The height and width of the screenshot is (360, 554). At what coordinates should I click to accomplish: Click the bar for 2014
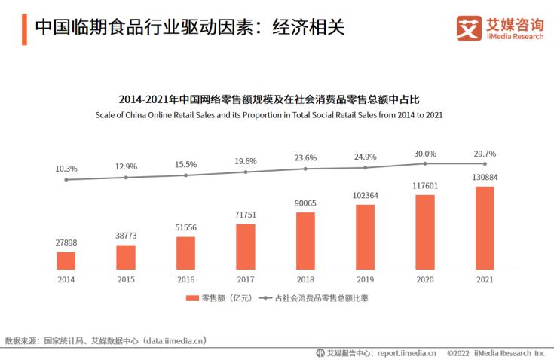[x=66, y=261]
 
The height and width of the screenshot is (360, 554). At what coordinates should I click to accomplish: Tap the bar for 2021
[x=485, y=228]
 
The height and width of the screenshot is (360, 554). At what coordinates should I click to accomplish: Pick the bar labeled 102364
[x=366, y=237]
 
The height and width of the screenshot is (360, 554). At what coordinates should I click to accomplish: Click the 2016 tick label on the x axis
[x=185, y=279]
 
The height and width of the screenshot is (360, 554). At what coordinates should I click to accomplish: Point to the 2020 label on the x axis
[x=425, y=279]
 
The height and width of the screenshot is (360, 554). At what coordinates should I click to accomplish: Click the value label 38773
[x=126, y=236]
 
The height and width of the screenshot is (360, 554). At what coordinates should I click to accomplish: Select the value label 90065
[x=305, y=203]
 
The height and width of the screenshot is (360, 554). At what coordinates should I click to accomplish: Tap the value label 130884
[x=485, y=177]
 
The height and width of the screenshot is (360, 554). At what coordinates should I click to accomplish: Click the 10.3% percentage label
[x=66, y=169]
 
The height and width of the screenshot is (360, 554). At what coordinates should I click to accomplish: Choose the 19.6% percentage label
[x=246, y=161]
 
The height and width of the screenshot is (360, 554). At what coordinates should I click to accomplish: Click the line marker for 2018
[x=305, y=169]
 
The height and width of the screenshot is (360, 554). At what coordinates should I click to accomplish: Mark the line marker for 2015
[x=126, y=178]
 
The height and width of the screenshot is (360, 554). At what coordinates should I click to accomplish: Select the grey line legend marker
[x=265, y=299]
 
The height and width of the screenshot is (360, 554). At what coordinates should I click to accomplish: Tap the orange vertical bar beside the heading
[x=24, y=28]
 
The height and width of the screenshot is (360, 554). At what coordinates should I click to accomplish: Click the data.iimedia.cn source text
[x=174, y=340]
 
